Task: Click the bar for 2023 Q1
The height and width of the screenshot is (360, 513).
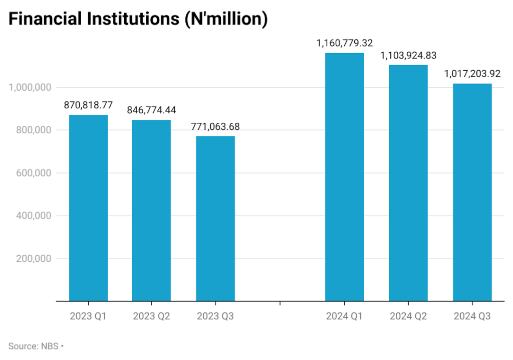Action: (x=88, y=208)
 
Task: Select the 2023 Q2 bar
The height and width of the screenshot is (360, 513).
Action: (x=151, y=211)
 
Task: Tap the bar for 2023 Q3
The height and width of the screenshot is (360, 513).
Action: (x=215, y=219)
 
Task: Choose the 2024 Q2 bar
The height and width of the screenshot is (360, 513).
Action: (x=408, y=183)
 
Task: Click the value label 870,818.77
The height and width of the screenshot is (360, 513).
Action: (x=88, y=105)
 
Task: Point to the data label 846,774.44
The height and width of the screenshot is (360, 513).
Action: (x=151, y=110)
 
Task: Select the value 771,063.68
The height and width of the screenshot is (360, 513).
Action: (x=215, y=126)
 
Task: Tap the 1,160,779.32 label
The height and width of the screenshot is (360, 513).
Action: (x=344, y=43)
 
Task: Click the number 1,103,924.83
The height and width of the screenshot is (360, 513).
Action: (x=408, y=55)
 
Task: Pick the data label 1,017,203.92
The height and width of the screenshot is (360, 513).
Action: (x=472, y=74)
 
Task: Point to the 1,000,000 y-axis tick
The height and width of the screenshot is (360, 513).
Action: (x=31, y=87)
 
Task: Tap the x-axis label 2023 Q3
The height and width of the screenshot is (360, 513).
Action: (x=215, y=316)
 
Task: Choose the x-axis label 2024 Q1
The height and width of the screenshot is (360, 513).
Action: (x=344, y=316)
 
